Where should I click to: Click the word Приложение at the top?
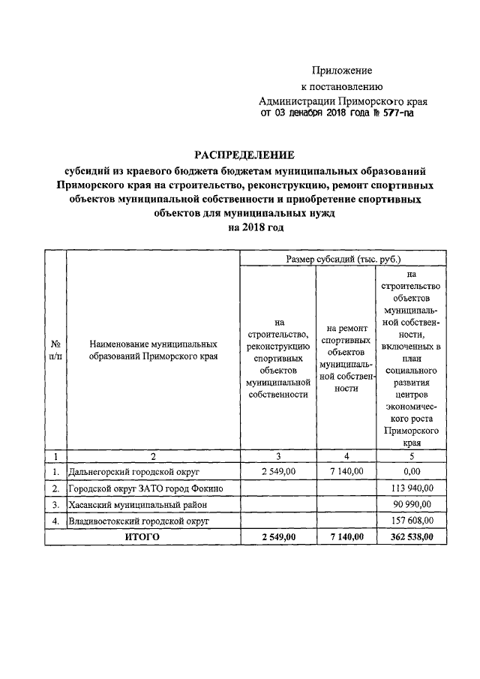pos(342,71)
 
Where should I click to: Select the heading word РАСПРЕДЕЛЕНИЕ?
pos(244,155)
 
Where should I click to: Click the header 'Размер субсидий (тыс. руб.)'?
pos(344,259)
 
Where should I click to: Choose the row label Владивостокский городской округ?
pos(138,520)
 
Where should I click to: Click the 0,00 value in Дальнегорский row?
pos(409,472)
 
